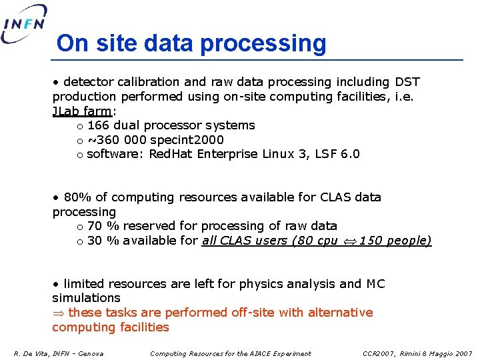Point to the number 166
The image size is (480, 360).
click(x=99, y=125)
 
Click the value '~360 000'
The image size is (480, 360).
click(x=112, y=140)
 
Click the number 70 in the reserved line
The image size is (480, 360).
click(x=95, y=226)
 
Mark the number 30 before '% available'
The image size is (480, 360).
click(x=95, y=241)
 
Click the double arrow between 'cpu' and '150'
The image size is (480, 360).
click(x=349, y=241)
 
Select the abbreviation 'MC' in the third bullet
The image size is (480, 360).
click(x=375, y=284)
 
